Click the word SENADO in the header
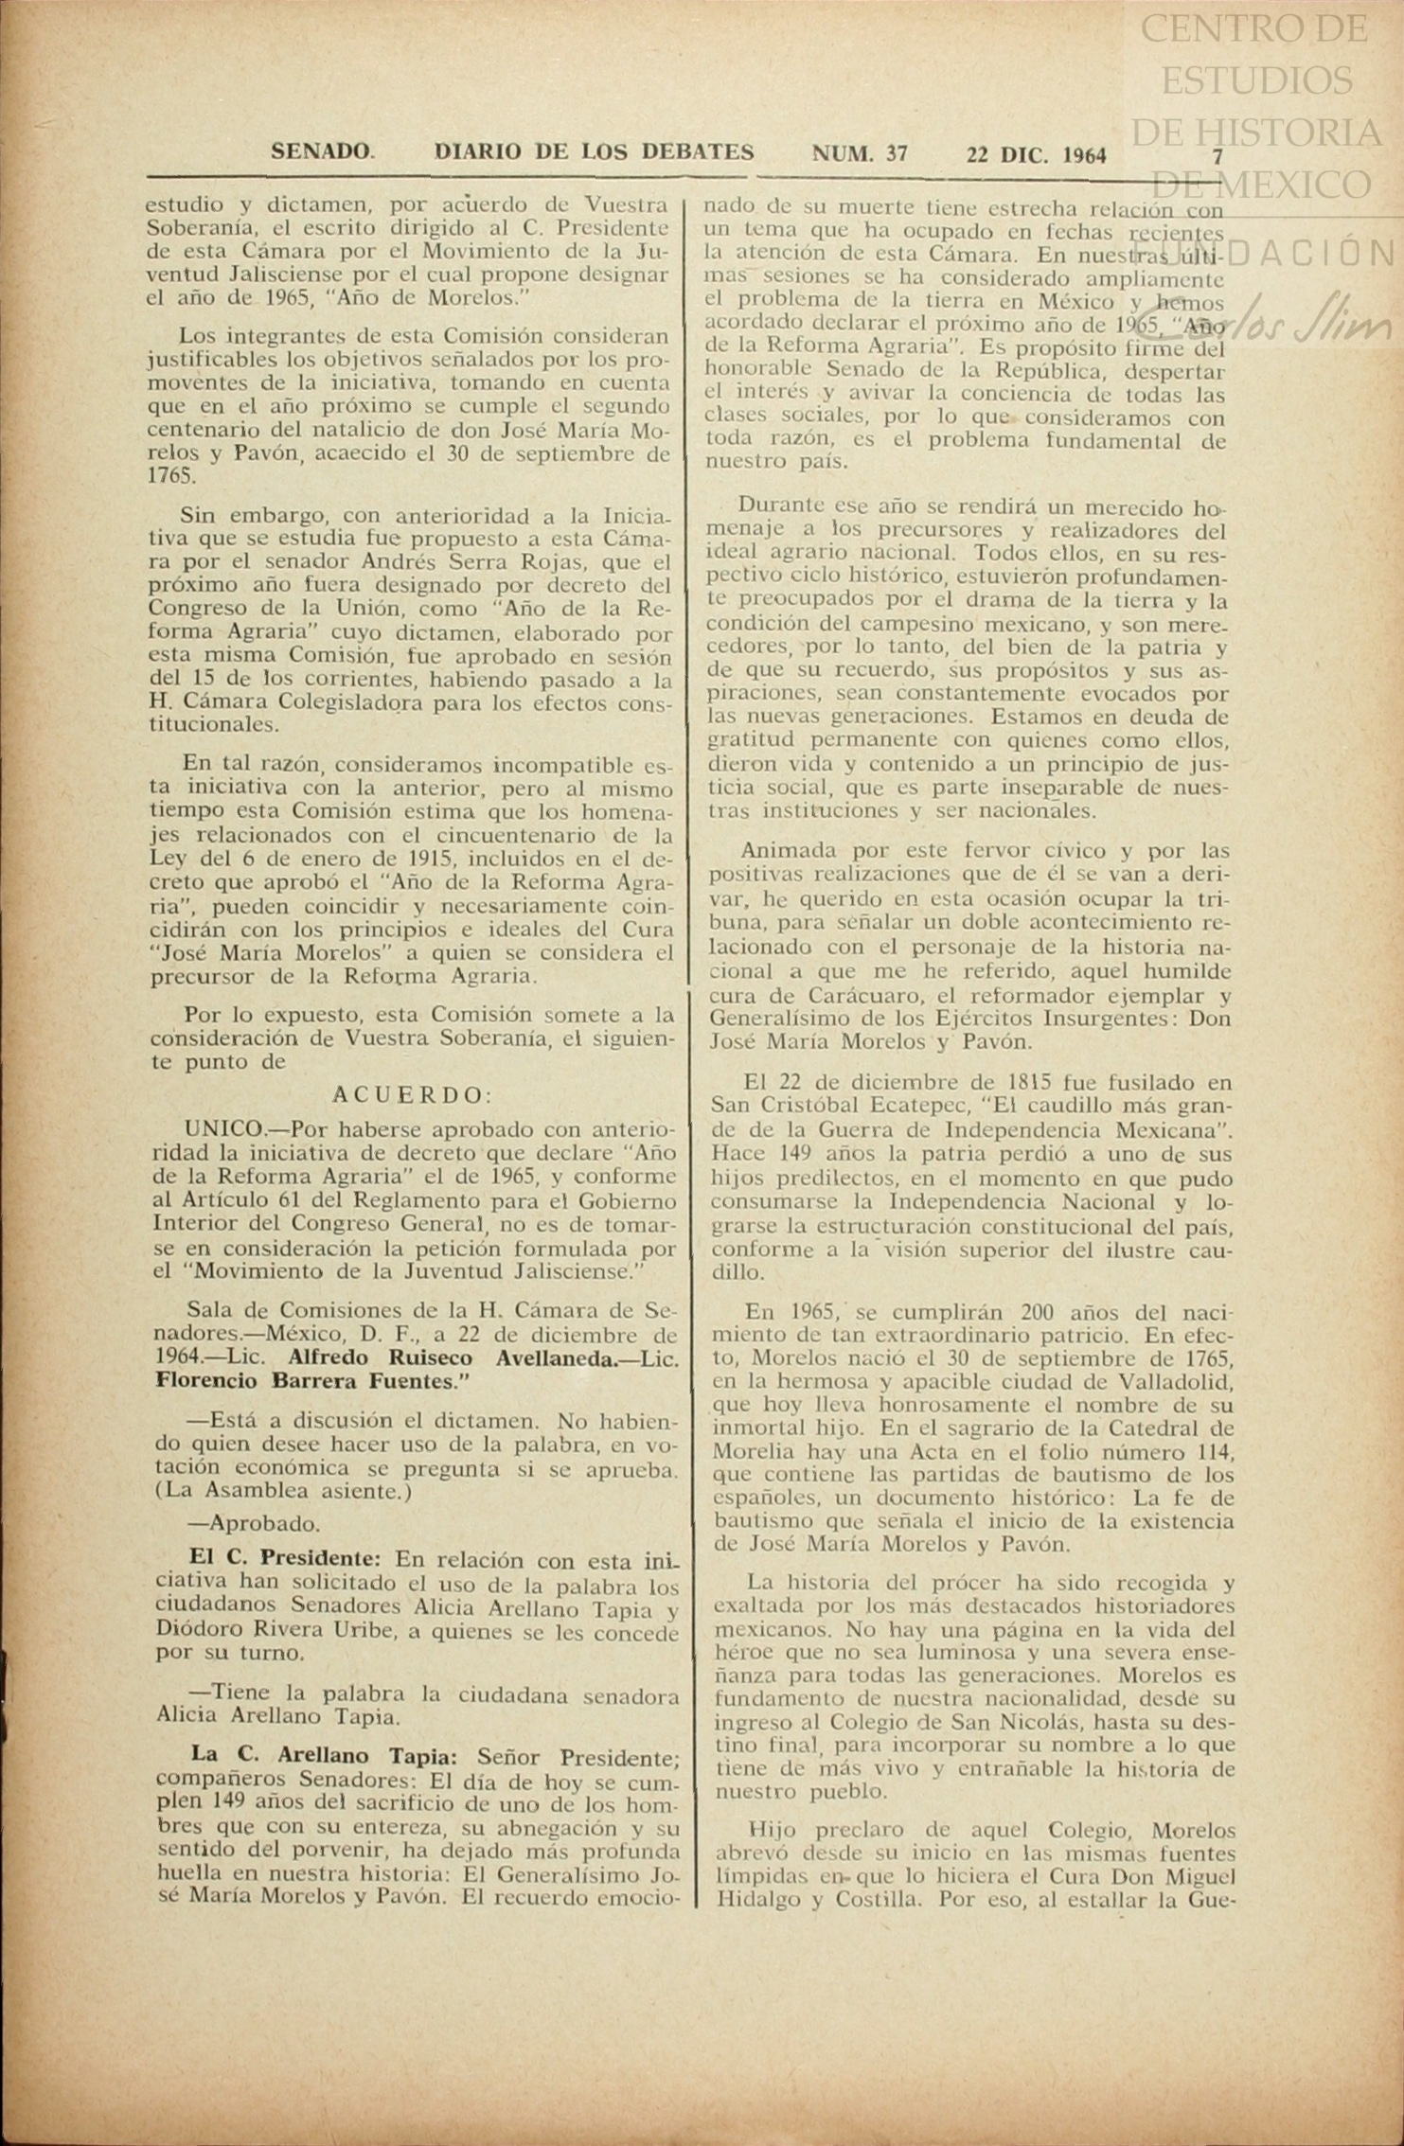(322, 151)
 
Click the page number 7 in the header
(1218, 156)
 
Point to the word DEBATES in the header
(698, 151)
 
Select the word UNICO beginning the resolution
(223, 1129)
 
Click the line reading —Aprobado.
(254, 1524)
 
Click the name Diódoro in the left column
(196, 1632)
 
